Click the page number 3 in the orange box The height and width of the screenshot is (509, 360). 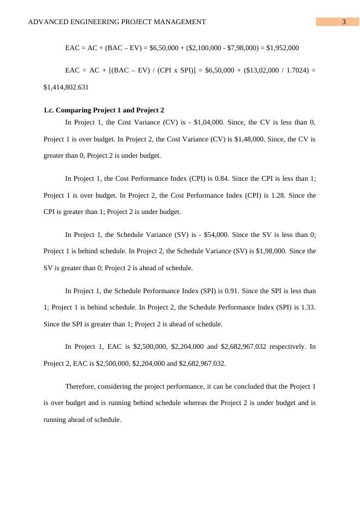(343, 22)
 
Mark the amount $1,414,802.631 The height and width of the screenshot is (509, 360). (66, 86)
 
